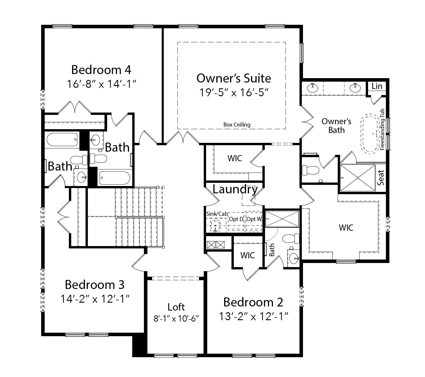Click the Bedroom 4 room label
tap(101, 70)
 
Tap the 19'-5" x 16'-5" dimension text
tap(234, 92)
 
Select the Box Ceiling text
tap(237, 125)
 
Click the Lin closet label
tap(377, 86)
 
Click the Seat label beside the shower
tap(381, 178)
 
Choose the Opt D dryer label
tap(236, 219)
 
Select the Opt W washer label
tap(254, 219)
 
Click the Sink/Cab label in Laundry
tap(217, 214)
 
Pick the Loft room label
tap(176, 307)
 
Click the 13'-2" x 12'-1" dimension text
tap(253, 316)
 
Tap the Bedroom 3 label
tap(95, 285)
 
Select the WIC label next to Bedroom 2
tap(248, 255)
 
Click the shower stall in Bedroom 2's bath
tap(282, 219)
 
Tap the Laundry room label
tap(235, 189)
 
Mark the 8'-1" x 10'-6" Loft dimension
tap(176, 319)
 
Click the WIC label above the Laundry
tap(235, 158)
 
